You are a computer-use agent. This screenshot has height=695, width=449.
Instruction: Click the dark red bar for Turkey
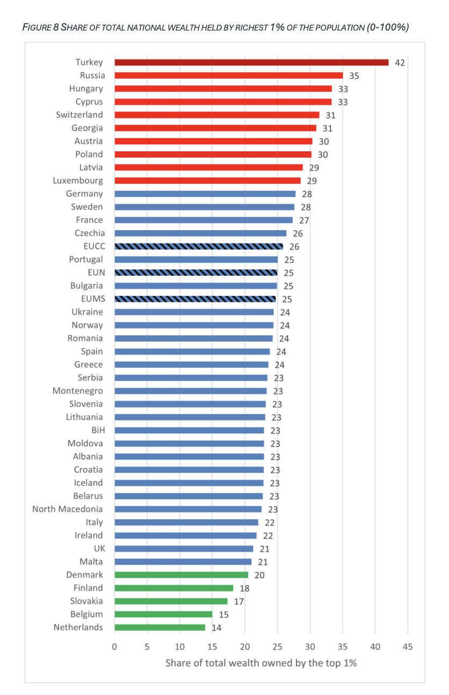point(251,62)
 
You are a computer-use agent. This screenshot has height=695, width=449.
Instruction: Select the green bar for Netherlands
point(160,627)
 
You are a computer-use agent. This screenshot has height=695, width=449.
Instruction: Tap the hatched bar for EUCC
point(198,246)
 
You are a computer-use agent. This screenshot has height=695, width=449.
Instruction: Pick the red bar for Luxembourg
point(207,181)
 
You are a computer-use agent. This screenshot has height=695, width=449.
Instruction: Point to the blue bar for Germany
point(205,194)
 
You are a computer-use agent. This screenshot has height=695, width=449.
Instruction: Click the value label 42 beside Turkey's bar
point(400,63)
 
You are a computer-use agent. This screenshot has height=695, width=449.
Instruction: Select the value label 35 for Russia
point(354,76)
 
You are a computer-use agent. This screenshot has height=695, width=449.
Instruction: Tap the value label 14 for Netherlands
point(216,627)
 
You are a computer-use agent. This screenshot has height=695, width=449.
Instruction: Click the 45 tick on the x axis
point(408,647)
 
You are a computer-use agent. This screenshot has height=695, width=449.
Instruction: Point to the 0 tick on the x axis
point(114,647)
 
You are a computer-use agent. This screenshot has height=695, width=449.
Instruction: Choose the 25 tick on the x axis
point(277,647)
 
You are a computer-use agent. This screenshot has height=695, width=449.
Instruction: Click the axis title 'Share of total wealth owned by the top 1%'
point(261,663)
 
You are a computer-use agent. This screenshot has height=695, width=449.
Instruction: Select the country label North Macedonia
point(68,509)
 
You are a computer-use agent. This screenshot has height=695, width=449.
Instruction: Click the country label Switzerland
point(79,115)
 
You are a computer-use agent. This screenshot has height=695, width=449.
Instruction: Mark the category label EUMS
point(91,299)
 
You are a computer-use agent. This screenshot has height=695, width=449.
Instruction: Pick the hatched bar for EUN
point(195,272)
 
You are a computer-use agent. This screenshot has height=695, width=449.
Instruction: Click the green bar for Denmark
point(181,575)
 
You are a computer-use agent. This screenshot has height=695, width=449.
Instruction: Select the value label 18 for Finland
point(244,588)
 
